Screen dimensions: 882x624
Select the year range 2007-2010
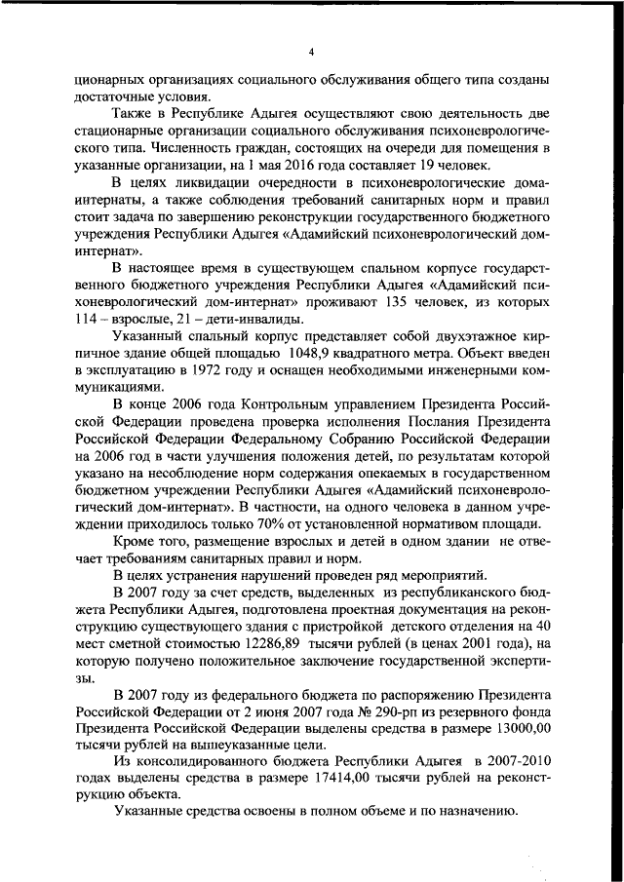513,760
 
